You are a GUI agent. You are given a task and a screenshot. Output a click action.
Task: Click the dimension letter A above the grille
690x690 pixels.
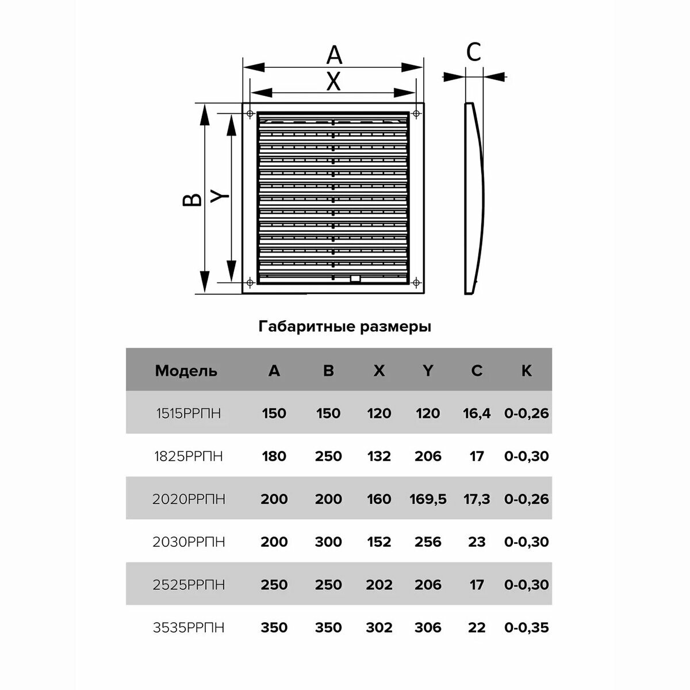tap(333, 55)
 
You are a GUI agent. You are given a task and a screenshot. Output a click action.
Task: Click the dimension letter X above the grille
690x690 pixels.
tap(333, 82)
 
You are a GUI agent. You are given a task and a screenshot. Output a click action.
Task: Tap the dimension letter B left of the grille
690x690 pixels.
tap(193, 198)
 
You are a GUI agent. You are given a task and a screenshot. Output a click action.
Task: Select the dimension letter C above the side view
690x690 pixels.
tap(473, 52)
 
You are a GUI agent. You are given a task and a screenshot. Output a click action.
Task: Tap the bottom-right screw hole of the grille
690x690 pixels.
tap(416, 282)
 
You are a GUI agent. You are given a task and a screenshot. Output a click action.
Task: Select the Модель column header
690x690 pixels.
tap(186, 371)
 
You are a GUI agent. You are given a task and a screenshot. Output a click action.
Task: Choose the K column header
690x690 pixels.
tap(526, 371)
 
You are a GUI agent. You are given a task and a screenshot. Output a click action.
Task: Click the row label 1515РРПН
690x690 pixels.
tap(189, 413)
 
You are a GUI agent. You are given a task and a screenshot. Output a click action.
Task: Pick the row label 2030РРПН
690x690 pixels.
tap(189, 542)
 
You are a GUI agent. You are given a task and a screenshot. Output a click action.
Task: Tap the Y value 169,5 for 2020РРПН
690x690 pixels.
tap(428, 499)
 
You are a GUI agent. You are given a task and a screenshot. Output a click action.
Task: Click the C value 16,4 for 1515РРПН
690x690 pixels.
tap(477, 413)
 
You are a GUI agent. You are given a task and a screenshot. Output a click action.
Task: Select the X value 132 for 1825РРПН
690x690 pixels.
tap(379, 457)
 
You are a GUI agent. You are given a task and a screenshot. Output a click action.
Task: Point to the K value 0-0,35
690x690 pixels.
tap(526, 627)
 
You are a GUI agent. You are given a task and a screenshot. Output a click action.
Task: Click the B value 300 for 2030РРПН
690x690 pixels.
tap(328, 542)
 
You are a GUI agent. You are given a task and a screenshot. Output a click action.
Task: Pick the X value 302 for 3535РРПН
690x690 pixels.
tap(379, 627)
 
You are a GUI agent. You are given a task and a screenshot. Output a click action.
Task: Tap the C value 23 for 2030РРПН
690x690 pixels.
tap(477, 542)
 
